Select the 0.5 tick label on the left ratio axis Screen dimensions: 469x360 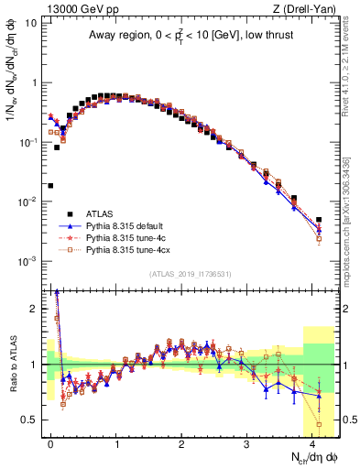29,420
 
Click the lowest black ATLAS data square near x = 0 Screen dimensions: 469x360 51,185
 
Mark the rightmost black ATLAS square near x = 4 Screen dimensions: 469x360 319,220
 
